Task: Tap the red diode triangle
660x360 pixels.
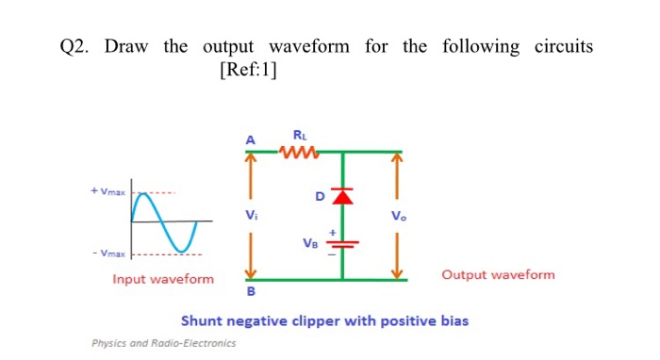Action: click(x=341, y=195)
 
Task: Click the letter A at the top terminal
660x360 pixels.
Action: click(x=250, y=139)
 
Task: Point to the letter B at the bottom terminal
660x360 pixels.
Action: click(x=250, y=291)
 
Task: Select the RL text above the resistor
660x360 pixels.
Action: click(x=300, y=133)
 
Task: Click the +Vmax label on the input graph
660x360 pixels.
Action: click(x=106, y=191)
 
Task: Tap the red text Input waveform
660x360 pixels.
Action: click(x=163, y=279)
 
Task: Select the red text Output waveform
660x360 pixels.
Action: click(x=498, y=275)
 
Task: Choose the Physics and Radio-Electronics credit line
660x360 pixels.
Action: click(x=163, y=343)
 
